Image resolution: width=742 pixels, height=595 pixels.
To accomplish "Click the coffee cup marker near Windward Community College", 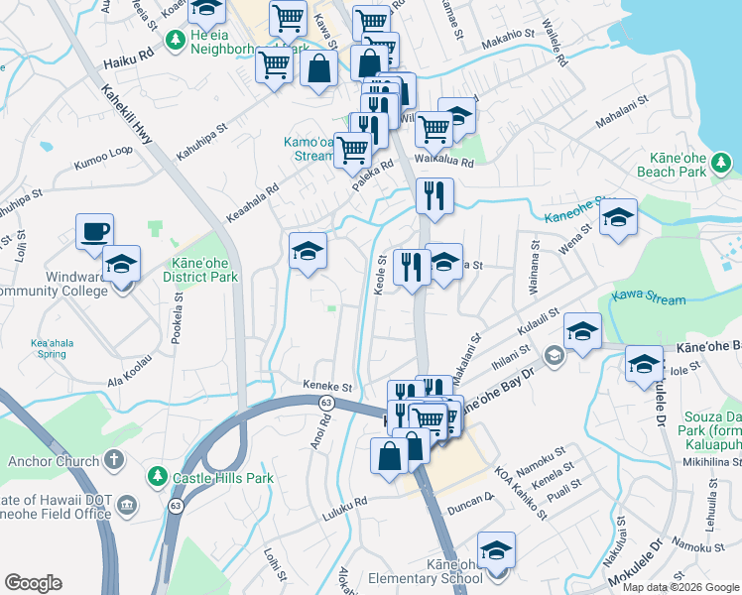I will (x=94, y=232).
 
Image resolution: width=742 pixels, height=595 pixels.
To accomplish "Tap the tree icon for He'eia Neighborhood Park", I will (x=176, y=40).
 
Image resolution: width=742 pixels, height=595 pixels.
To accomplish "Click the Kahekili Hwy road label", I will (x=128, y=115).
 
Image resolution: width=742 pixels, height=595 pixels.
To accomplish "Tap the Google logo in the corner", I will (x=33, y=583).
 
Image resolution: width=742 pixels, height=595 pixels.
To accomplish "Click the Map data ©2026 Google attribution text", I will (x=680, y=587).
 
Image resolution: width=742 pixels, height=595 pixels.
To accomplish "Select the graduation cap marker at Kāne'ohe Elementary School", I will (x=496, y=550).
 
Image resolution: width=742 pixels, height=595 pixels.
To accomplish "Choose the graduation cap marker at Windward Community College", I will (x=122, y=265).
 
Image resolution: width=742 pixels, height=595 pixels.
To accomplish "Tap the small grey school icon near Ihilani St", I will (x=554, y=354).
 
